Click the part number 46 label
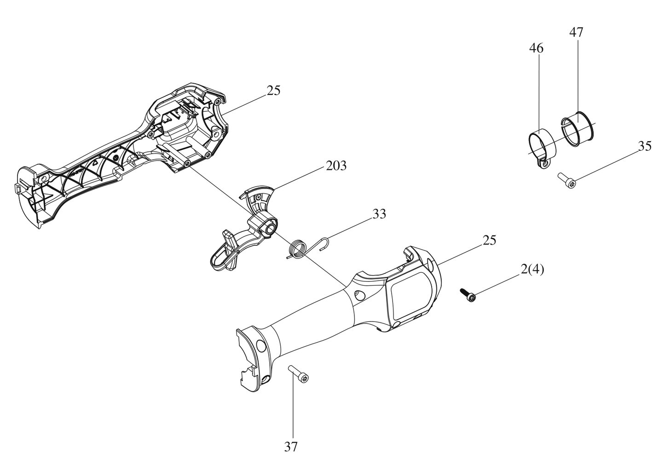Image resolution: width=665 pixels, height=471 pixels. coord(536,48)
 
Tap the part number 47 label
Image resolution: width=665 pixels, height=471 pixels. coord(576,33)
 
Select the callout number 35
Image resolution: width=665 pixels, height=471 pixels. coord(645,146)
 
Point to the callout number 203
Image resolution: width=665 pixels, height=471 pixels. coord(336,166)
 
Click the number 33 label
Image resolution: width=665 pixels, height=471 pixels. coord(379,214)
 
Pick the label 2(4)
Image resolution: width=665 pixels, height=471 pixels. coord(532,270)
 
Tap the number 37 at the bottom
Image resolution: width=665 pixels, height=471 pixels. coord(291,447)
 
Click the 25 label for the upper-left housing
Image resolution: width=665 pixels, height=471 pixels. coord(273,91)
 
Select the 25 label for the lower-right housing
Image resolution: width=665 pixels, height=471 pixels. coord(490,240)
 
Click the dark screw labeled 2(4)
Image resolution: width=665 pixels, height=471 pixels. coord(468,295)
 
